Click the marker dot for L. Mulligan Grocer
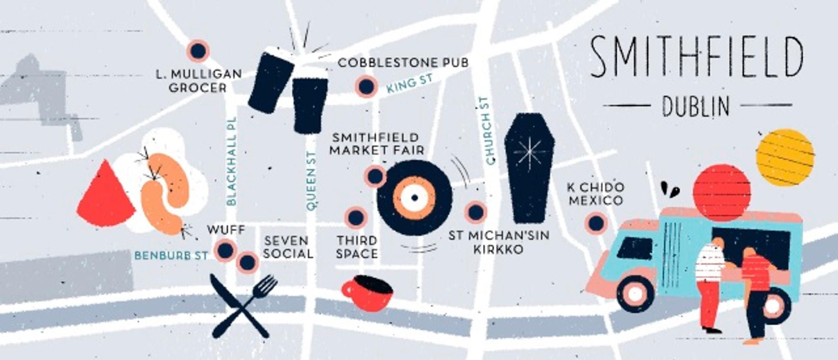point(198,51)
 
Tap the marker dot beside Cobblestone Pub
point(366,86)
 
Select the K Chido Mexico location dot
point(596,223)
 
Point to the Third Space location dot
point(355,217)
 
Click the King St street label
point(410,83)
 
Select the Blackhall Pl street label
point(232,161)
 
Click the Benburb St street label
point(171,256)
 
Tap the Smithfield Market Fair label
point(376,144)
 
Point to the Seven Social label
point(288,247)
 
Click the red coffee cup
point(367,294)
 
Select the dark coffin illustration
point(529,168)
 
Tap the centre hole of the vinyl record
point(414,198)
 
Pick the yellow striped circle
point(785,157)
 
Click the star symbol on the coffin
point(529,152)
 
